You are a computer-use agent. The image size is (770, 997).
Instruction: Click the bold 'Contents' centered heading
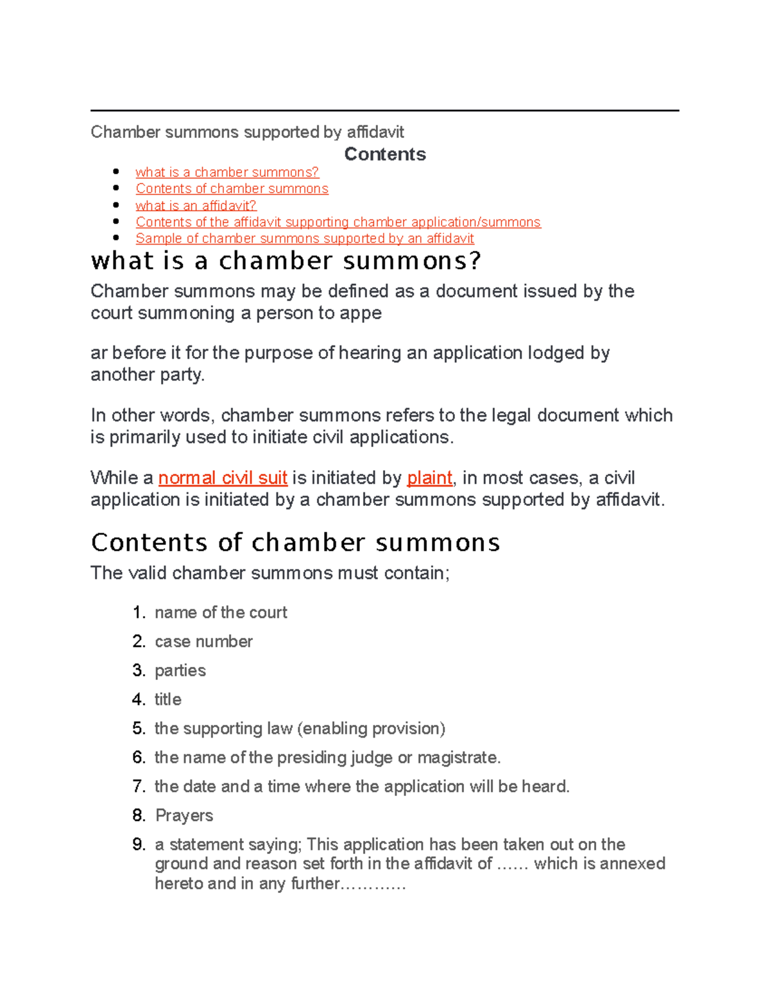click(384, 154)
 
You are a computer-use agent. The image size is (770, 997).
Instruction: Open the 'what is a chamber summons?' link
click(227, 172)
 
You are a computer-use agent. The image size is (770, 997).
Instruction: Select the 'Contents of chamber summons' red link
click(232, 189)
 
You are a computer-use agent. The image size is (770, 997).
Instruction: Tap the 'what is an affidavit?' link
click(196, 205)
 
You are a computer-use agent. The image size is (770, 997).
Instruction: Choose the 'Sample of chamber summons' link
click(304, 238)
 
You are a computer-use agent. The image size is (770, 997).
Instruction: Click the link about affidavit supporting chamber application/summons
click(338, 222)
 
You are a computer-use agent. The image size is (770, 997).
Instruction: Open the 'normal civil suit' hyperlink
click(223, 478)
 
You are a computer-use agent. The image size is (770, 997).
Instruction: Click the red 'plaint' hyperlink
click(430, 478)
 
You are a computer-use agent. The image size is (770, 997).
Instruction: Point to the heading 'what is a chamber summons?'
click(286, 261)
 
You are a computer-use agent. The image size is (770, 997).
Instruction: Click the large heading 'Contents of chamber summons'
click(295, 542)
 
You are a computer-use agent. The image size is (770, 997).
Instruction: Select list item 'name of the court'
click(221, 612)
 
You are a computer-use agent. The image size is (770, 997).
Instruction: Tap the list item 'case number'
click(203, 641)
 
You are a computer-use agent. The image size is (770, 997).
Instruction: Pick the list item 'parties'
click(180, 670)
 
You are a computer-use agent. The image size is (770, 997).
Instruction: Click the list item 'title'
click(168, 699)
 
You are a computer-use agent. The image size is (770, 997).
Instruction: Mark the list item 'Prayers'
click(184, 815)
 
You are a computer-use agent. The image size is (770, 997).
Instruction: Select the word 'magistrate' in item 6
click(457, 758)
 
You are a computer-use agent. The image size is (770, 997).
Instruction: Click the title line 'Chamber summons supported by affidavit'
click(247, 132)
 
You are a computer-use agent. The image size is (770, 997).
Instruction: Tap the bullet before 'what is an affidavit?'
click(116, 205)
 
